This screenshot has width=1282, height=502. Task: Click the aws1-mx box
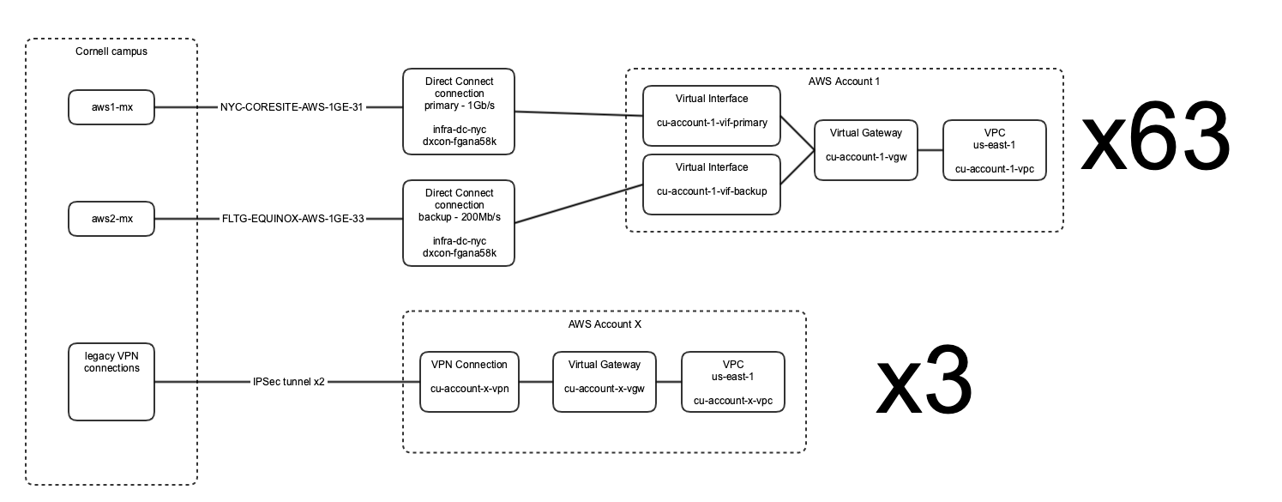point(111,107)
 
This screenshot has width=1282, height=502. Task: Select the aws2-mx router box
point(111,219)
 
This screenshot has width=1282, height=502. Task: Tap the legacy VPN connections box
point(111,382)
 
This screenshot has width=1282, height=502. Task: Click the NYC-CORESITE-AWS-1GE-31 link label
point(292,107)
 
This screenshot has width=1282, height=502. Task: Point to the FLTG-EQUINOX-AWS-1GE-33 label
point(293,219)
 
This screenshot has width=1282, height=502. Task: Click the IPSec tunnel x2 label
point(288,382)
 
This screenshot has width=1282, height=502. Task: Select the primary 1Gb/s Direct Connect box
point(459,112)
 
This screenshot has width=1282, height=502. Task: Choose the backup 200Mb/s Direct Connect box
point(459,223)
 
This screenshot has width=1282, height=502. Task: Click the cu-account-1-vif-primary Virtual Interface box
point(712,116)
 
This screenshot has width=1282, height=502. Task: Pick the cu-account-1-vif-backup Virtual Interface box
point(712,184)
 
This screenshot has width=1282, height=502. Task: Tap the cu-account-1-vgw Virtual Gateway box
point(866,150)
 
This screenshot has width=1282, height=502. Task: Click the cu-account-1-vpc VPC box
point(995,150)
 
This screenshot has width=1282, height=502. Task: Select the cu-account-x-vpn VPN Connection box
point(469,382)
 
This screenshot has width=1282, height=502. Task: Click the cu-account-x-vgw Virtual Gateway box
point(605,382)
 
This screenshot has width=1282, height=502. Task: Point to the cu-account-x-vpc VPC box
point(733,382)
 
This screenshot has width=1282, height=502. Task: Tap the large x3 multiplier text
point(924,381)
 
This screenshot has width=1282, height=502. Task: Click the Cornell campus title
point(111,51)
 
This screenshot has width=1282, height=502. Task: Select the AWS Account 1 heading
point(844,82)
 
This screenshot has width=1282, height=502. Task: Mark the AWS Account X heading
point(605,324)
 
